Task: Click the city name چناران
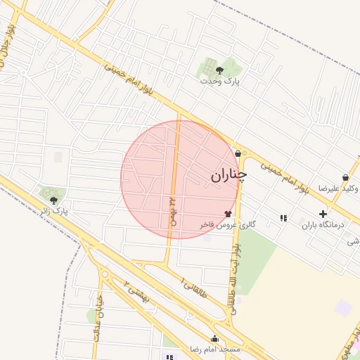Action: pos(229,175)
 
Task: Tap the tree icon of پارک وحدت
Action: pos(219,70)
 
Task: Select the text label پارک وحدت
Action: pos(219,82)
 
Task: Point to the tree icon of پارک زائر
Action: pos(54,200)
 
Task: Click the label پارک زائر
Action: pos(53,211)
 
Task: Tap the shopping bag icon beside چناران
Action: pos(238,154)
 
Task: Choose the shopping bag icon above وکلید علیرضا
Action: pos(345,177)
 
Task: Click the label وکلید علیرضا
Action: pos(337,188)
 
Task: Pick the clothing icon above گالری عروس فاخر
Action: pos(227,213)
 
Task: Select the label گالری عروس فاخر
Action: pos(226,224)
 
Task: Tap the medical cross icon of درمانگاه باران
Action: pos(323,214)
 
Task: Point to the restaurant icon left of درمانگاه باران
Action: pos(283,218)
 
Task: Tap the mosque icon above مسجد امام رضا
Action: pos(214,338)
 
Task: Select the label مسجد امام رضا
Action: pos(214,349)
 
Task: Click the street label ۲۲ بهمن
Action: pos(172,210)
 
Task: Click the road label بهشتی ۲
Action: pos(136,291)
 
